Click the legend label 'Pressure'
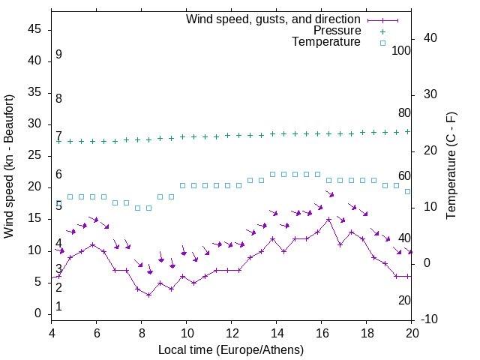[x=337, y=31]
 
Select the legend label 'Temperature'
[x=326, y=43]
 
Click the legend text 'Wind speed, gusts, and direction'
[x=273, y=19]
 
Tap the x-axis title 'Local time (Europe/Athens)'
[x=231, y=350]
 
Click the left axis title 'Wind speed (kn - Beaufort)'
[x=8, y=166]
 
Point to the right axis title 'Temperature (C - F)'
[x=451, y=166]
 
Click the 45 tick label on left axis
[x=34, y=30]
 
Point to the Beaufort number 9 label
[x=58, y=55]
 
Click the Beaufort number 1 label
[x=58, y=307]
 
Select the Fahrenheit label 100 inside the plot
[x=401, y=50]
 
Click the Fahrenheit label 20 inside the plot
[x=404, y=300]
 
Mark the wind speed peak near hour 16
[x=328, y=219]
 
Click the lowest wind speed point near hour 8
[x=148, y=295]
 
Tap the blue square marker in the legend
[x=382, y=43]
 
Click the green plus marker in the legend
[x=382, y=31]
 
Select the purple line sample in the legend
[x=382, y=19]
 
